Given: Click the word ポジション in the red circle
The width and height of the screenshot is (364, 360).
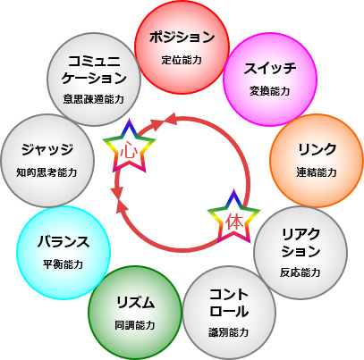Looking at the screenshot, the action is coord(182,38).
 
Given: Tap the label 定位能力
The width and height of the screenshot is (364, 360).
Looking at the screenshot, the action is coord(182,60).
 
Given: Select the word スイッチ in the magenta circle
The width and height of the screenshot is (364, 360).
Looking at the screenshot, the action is coord(270,68).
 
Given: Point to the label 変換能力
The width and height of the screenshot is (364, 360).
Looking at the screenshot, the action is coord(270,91).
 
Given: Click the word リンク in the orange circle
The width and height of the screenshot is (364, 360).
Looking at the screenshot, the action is coord(317,149).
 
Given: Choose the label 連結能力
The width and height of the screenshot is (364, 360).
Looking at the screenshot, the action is coord(317,172).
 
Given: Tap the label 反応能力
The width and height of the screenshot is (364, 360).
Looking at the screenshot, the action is coord(301,272).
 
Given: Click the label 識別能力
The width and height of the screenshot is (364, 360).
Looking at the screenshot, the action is coord(229,332).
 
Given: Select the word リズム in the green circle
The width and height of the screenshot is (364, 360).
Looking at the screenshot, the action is coord(135,303).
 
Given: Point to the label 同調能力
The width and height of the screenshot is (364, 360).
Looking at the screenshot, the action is coord(135,325).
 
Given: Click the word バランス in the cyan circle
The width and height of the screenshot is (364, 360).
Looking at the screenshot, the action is coord(63,241).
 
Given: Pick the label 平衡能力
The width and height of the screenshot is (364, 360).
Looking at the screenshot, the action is coord(63,264).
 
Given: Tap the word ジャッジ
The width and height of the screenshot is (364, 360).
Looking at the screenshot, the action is coord(47,149).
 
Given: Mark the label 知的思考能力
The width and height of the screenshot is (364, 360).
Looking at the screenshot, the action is coord(47,172).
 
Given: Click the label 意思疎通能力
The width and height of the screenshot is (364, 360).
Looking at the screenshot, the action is coord(94,99).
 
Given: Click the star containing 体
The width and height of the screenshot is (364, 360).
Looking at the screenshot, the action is coord(234,218).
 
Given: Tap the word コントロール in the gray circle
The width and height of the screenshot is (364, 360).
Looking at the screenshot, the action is coord(229,303).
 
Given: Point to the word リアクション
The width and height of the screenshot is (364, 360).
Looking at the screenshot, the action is coord(301,243).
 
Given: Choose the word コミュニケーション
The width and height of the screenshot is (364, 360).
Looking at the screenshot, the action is coord(94,70).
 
